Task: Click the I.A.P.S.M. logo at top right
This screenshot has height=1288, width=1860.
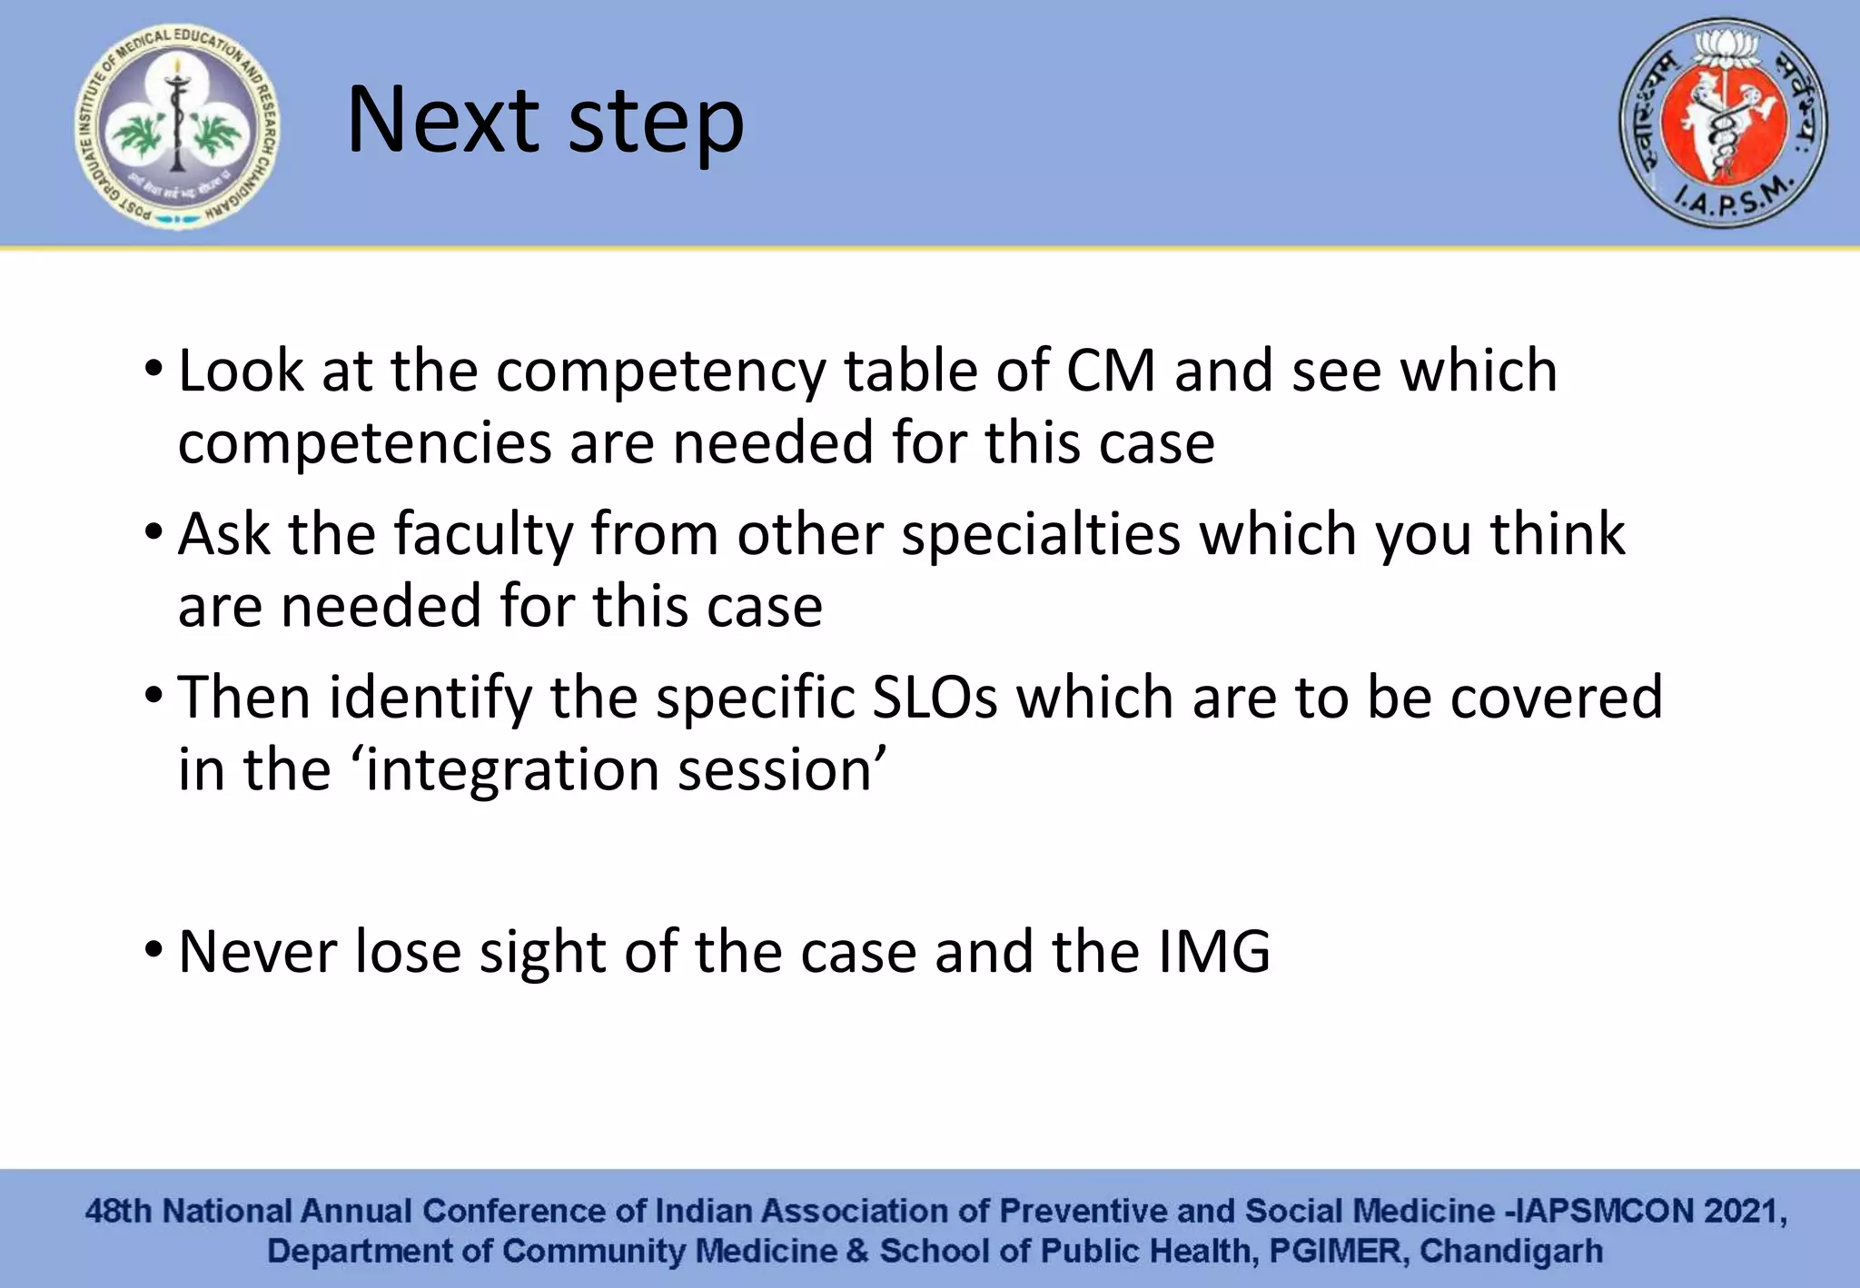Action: click(x=1723, y=123)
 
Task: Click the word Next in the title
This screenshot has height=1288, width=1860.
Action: click(x=443, y=121)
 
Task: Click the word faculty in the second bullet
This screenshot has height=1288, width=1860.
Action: click(x=483, y=534)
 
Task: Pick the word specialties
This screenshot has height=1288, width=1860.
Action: click(x=1041, y=534)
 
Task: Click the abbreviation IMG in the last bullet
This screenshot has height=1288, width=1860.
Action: click(x=1214, y=952)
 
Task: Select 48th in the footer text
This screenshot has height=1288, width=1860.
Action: click(x=118, y=1211)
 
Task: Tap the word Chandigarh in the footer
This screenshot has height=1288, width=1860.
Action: click(x=1510, y=1251)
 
